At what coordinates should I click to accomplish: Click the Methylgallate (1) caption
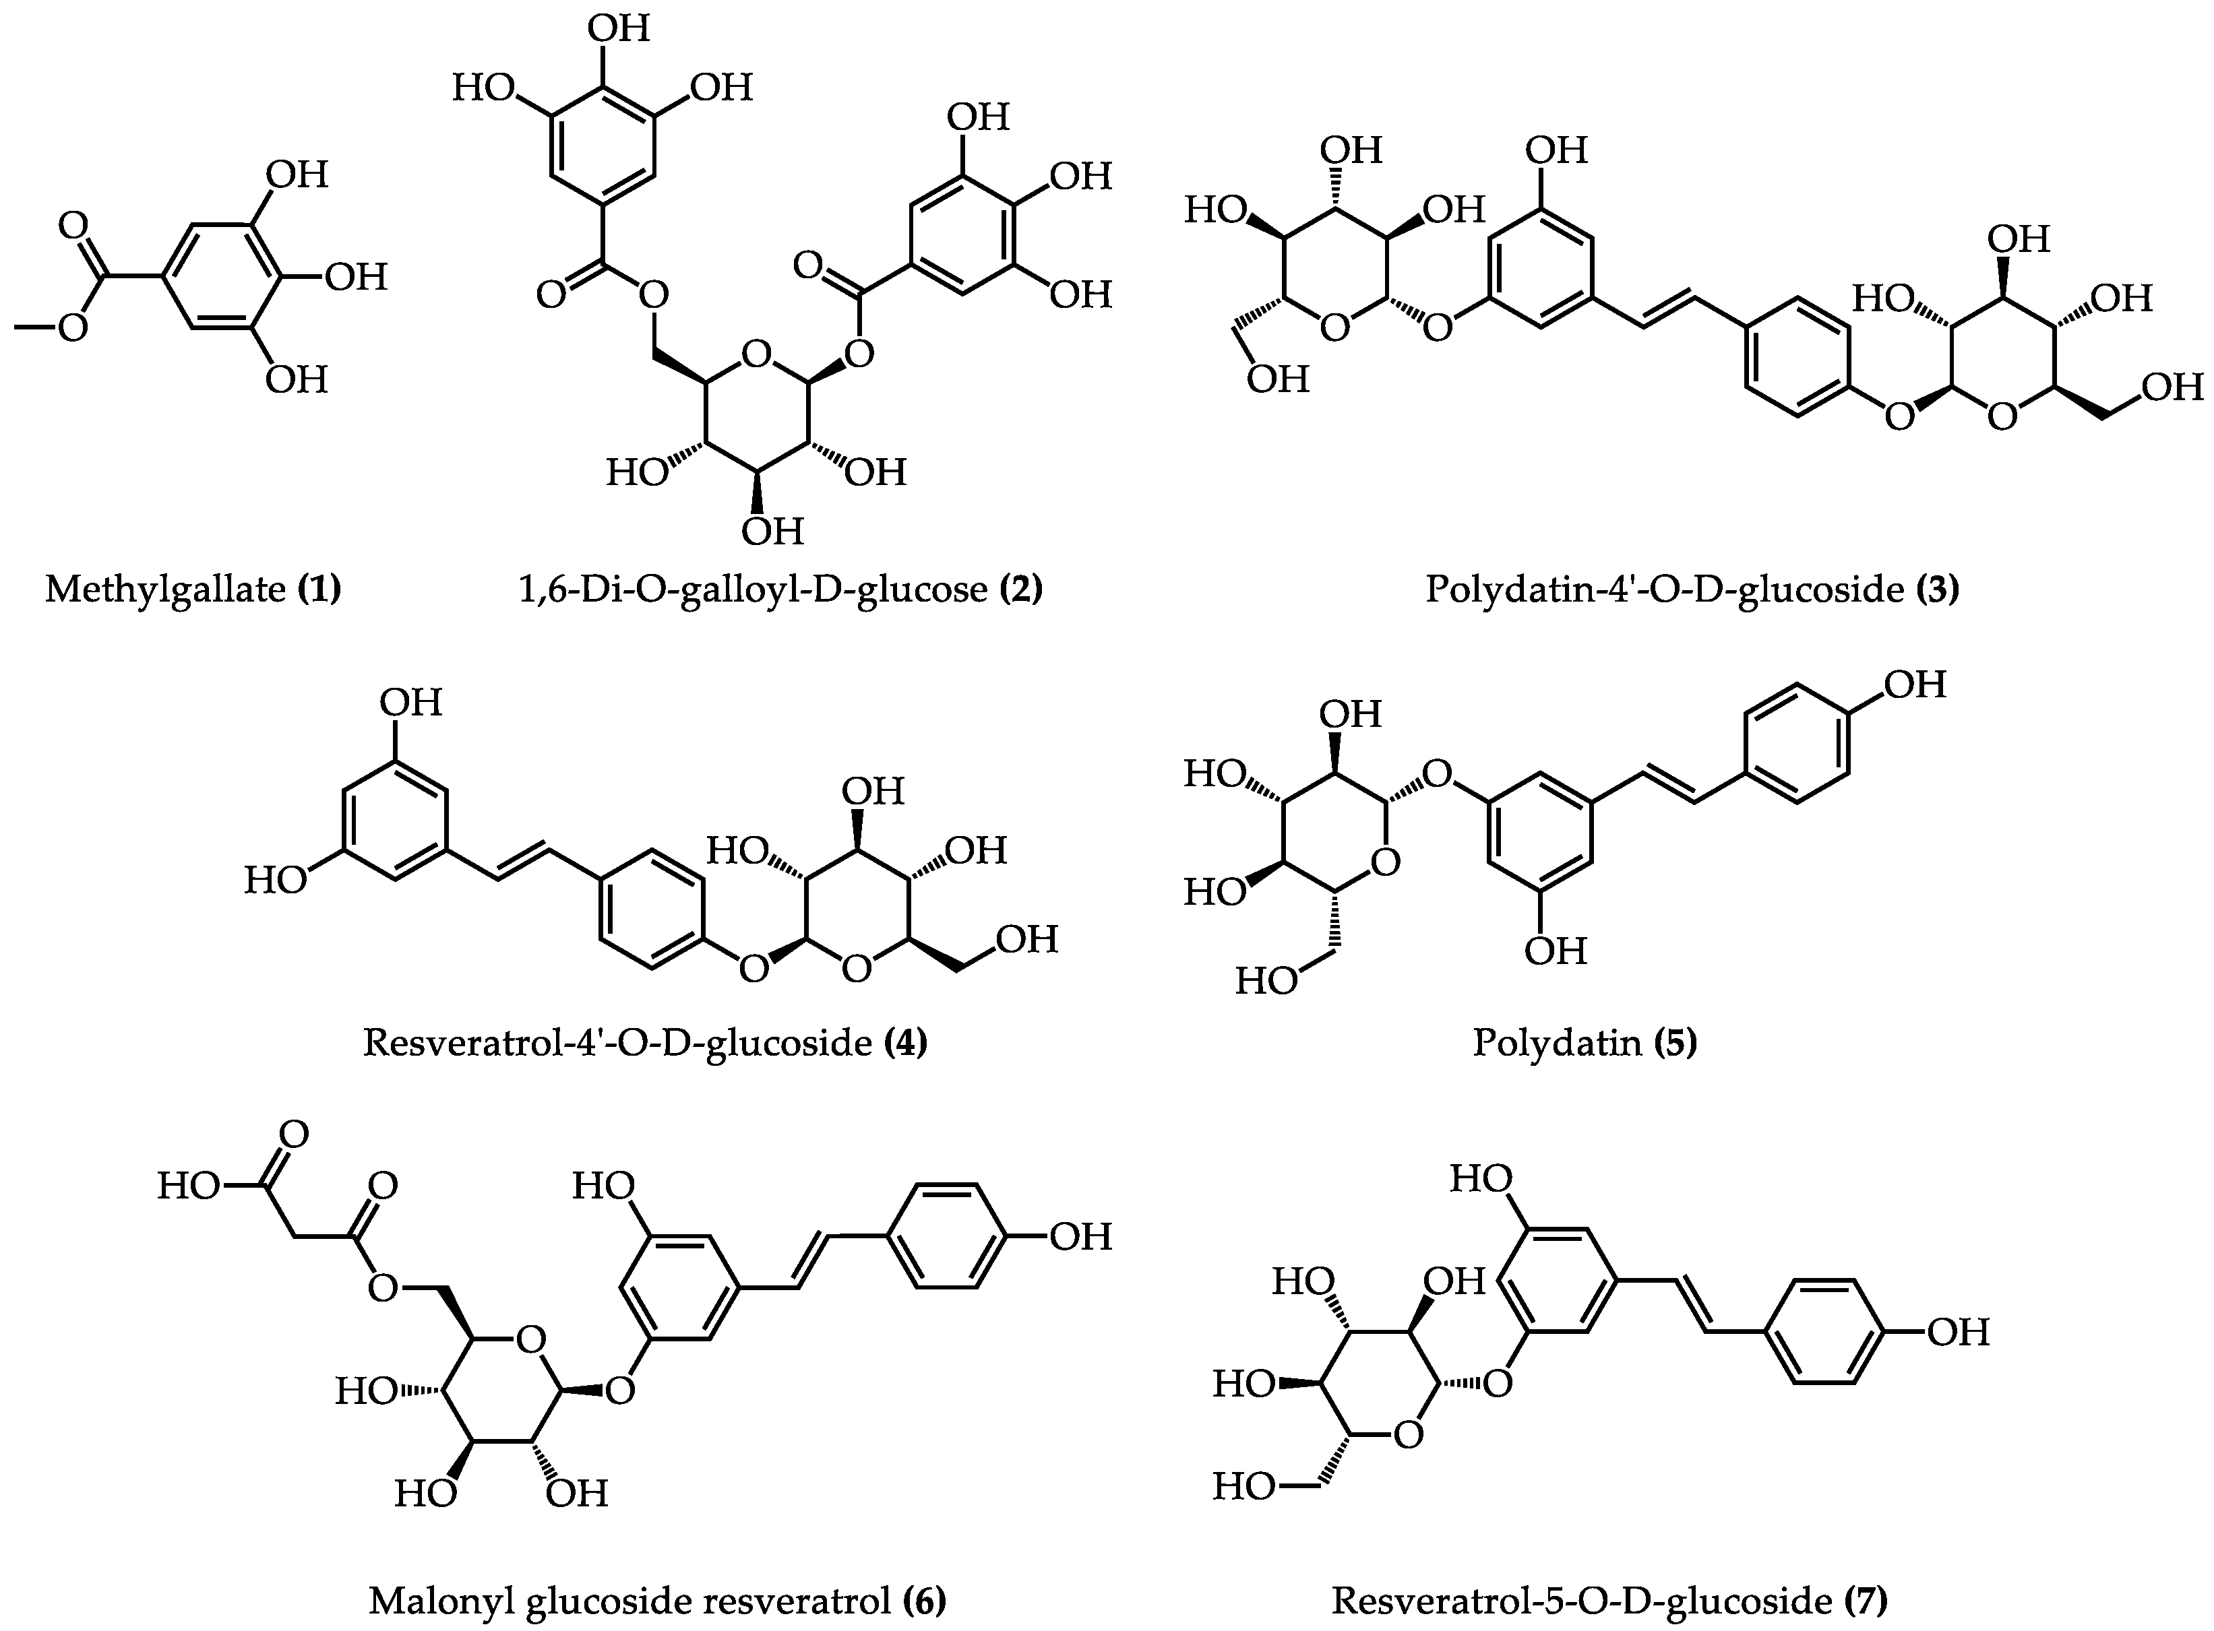tap(193, 589)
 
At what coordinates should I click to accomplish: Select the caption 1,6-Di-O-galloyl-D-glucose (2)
tap(780, 589)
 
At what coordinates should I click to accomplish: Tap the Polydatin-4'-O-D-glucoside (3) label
tap(1692, 589)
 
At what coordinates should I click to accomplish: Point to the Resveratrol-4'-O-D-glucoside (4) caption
tap(645, 1043)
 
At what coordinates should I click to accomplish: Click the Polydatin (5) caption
tap(1584, 1043)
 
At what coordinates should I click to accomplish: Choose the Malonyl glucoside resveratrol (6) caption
tap(656, 1601)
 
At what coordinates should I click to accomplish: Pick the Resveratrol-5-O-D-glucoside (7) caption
tap(1609, 1601)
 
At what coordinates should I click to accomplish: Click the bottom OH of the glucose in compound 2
tap(772, 531)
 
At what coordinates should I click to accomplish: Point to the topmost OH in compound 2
tap(619, 28)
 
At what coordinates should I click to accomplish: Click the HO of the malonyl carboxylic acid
tap(187, 1185)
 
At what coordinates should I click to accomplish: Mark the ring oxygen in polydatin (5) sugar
tap(1386, 863)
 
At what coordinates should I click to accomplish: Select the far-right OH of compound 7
tap(1959, 1332)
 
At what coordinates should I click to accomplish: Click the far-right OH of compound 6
tap(1080, 1236)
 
